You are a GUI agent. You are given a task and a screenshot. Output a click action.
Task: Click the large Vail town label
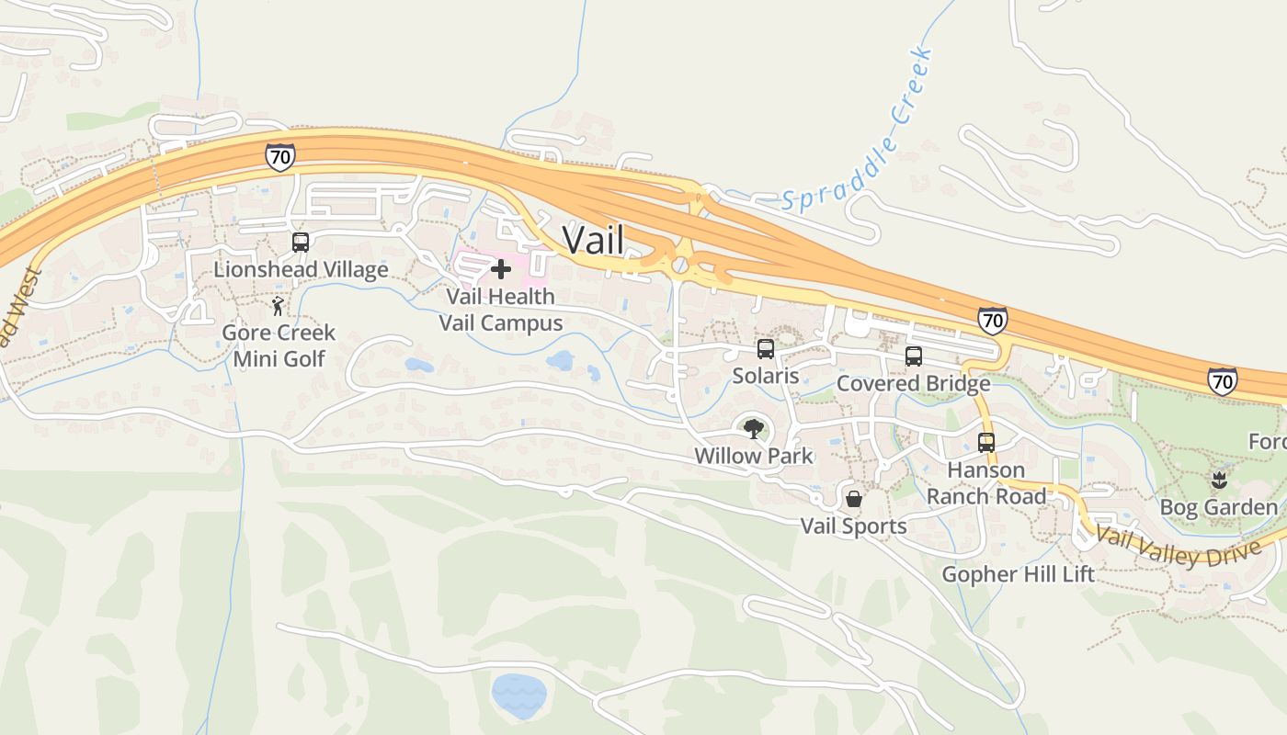pos(593,241)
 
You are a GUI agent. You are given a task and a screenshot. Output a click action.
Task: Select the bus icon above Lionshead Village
pos(301,243)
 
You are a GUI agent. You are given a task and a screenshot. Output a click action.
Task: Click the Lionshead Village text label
pos(301,269)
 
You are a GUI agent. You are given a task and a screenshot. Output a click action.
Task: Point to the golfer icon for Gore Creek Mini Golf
pos(278,306)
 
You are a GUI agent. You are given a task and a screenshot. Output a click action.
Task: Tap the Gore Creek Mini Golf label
pos(279,345)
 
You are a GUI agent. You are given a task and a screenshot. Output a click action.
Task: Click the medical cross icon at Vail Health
pos(501,269)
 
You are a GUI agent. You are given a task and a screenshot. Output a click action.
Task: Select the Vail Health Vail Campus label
pos(501,310)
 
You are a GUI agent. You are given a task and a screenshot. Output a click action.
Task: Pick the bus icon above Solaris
pos(766,349)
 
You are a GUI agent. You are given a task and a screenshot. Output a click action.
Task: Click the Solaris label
pos(766,376)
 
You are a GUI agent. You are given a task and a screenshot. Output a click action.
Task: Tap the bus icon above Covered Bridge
pos(913,356)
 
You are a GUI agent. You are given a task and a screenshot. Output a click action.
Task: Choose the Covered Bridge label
pos(913,383)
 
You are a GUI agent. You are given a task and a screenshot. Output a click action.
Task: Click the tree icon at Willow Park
pos(754,428)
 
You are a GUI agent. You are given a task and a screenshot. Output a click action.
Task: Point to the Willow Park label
pos(754,456)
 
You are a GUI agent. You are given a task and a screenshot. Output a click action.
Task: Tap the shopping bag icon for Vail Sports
pos(854,499)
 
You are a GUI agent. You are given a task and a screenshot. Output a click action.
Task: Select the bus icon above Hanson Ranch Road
pos(986,443)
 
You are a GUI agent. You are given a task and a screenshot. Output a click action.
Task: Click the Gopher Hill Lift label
pos(1019,575)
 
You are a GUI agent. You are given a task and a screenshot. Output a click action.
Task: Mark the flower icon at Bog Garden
pos(1219,480)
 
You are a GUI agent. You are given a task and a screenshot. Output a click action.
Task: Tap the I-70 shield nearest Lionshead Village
pos(280,157)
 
